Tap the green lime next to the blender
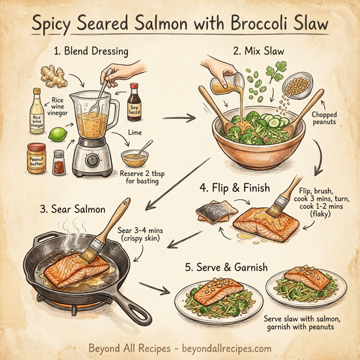57,133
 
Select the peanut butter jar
37,157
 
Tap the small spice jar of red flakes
59,162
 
